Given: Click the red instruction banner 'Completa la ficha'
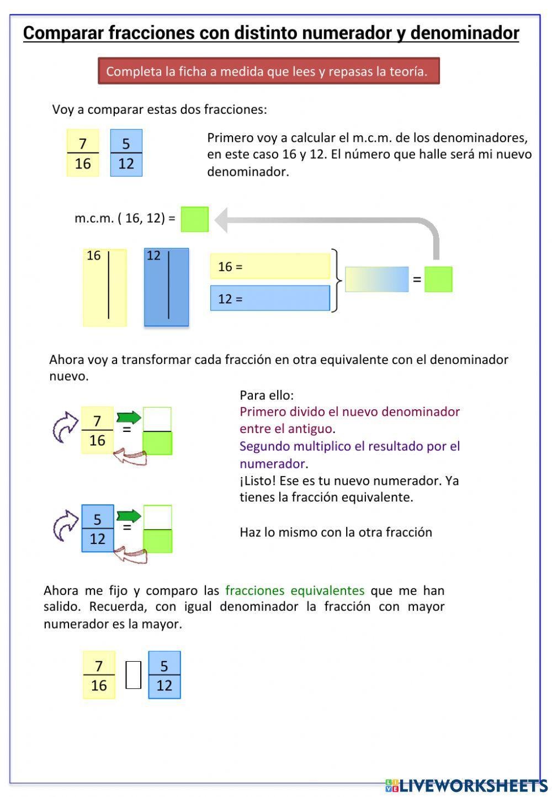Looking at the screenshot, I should point(268,71).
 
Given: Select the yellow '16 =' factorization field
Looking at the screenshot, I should point(270,266).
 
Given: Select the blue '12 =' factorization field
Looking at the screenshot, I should point(270,298).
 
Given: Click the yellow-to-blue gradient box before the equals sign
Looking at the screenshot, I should point(376,279).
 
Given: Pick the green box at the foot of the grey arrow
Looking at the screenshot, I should point(438,279).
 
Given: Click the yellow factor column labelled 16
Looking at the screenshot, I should point(105,287).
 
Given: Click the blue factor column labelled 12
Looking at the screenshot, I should point(166,287).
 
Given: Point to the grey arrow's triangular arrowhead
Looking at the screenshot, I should point(221,219).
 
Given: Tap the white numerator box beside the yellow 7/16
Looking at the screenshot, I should point(157,419).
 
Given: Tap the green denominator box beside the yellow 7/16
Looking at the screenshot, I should point(157,443).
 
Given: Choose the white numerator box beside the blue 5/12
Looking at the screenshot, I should point(157,517).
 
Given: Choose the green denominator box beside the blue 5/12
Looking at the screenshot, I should point(157,541).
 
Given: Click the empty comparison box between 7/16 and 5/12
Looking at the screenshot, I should point(133,675).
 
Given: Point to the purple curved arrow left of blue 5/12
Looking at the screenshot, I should point(65,525).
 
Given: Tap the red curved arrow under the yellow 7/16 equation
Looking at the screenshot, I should point(130,458).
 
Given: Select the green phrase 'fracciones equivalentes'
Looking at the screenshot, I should point(295,590).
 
